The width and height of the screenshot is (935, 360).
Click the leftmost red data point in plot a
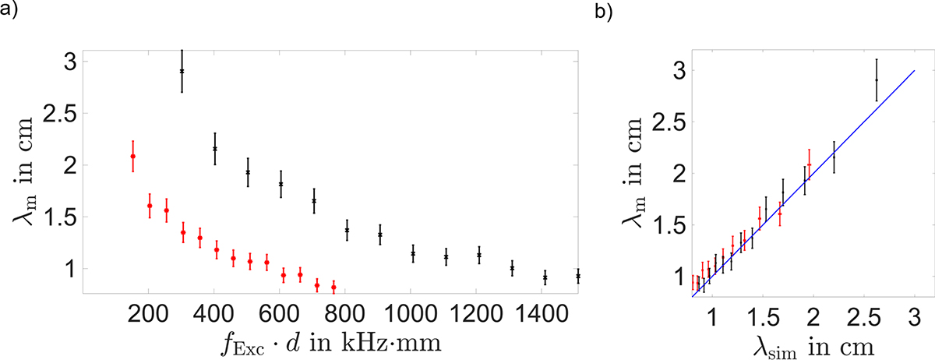point(133,157)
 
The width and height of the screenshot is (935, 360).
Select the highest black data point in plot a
point(182,71)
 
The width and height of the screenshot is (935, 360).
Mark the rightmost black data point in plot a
point(577,276)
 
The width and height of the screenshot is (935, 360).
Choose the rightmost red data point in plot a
point(333,288)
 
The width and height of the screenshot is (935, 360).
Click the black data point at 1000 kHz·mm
point(413,253)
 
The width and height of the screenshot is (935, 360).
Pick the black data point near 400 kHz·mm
point(215,148)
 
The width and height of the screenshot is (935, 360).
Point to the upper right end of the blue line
point(914,70)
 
